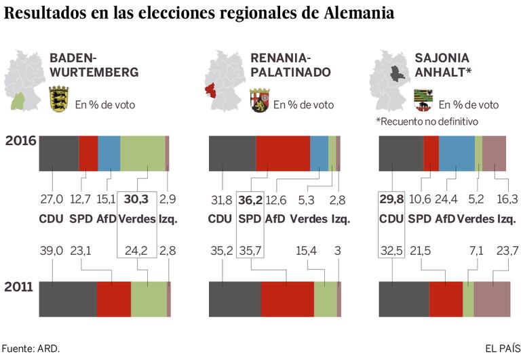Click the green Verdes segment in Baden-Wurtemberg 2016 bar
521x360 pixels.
coord(142,148)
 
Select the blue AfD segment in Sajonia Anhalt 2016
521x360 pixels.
coord(457,148)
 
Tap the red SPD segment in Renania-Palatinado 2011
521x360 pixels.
coord(287,299)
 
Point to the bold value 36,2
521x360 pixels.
coord(248,199)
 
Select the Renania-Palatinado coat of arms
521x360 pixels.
coord(259,100)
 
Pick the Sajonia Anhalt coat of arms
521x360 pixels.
coord(422,100)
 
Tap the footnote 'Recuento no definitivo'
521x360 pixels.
coord(427,121)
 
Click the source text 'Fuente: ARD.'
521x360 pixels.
coord(31,348)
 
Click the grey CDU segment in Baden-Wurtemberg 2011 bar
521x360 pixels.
coord(68,299)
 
